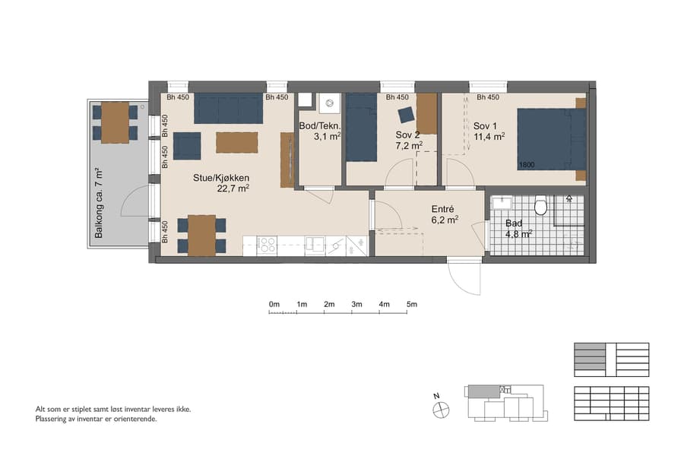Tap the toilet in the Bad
[x=541, y=205]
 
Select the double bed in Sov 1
[x=551, y=138]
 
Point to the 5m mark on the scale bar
[x=412, y=305]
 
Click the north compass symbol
[x=440, y=409]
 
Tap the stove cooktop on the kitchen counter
[x=267, y=245]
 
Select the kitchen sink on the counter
[x=315, y=245]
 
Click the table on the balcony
[x=116, y=122]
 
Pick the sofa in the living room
[x=228, y=109]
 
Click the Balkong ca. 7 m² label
[x=98, y=204]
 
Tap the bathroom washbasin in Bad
[x=502, y=204]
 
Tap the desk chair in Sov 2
[x=405, y=115]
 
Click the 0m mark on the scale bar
[x=274, y=305]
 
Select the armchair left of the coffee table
[x=187, y=145]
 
